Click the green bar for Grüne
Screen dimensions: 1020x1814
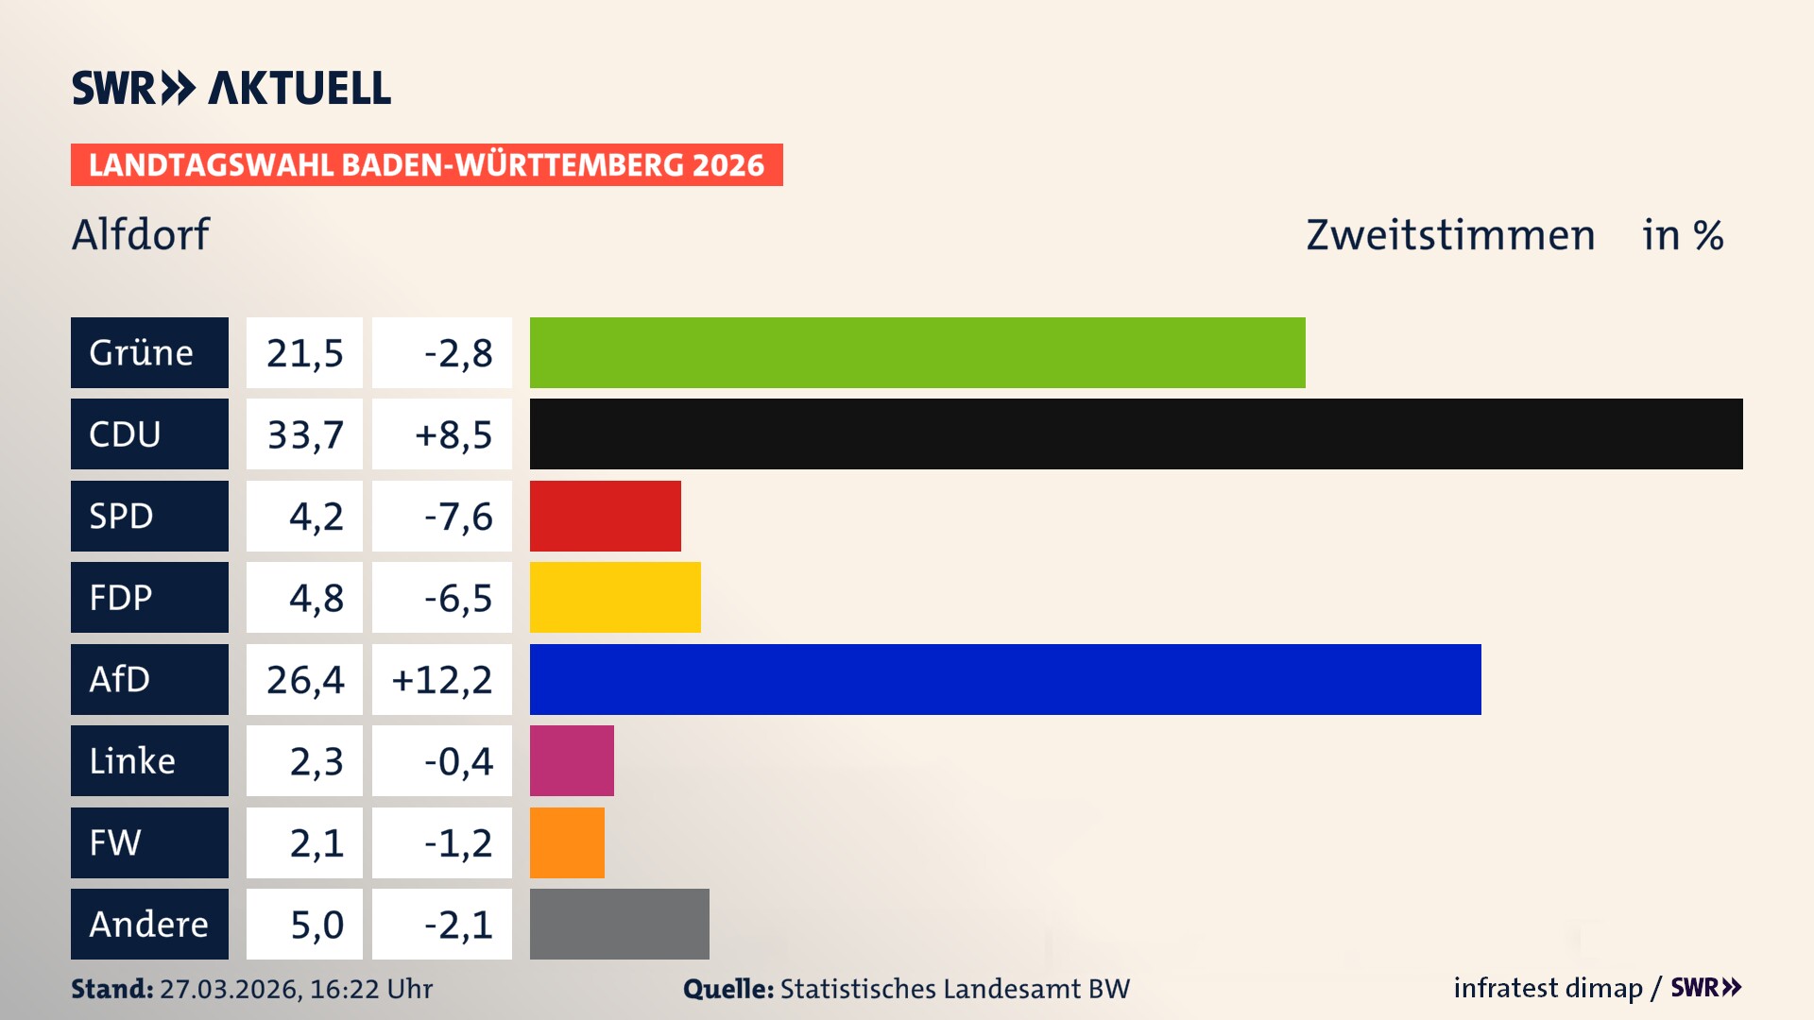916,352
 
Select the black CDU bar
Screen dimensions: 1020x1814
1136,434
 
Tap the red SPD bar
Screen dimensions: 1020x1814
605,516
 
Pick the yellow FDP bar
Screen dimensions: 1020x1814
615,597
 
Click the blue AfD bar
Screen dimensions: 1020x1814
1005,679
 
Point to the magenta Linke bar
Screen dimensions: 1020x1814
572,760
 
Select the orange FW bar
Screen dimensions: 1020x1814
567,842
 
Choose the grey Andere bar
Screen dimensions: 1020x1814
619,924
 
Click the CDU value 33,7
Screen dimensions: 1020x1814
304,434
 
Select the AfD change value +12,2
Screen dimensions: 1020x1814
442,679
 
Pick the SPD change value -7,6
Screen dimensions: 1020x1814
457,516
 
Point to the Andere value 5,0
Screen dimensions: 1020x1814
317,924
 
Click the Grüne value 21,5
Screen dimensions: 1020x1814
304,352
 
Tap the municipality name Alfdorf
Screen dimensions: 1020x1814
141,234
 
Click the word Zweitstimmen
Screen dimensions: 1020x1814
1450,234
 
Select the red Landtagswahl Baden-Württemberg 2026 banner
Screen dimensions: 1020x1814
426,164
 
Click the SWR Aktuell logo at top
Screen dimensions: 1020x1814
231,88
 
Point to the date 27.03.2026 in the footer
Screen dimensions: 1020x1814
230,989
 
